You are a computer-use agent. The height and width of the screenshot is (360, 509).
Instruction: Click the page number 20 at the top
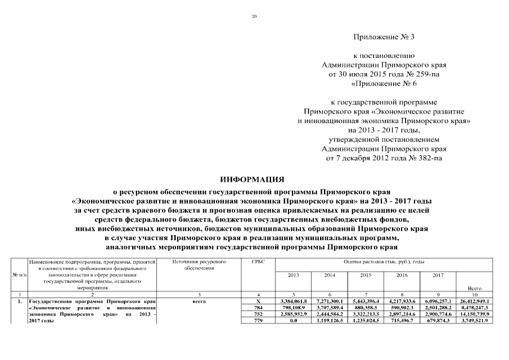click(254, 17)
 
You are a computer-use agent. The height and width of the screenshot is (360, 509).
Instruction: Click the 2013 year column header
click(294, 275)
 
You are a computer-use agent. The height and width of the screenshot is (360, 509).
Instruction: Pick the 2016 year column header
click(402, 275)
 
